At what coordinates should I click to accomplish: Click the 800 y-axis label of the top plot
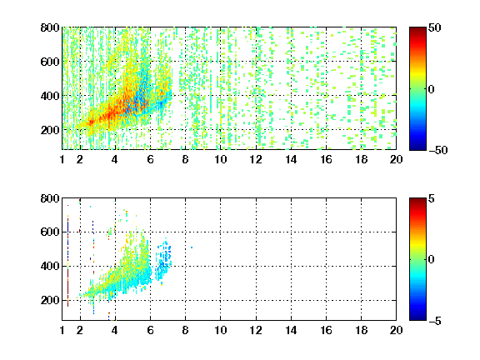[x=50, y=27]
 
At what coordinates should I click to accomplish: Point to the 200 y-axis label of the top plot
[x=50, y=130]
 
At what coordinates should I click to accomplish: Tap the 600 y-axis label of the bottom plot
[x=50, y=232]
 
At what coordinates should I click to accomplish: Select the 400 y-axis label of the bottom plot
[x=50, y=266]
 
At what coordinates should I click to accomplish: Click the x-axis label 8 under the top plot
[x=185, y=159]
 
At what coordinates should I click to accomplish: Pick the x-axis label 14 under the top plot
[x=291, y=159]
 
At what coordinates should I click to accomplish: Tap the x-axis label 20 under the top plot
[x=396, y=159]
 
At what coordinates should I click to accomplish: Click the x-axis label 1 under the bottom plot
[x=62, y=330]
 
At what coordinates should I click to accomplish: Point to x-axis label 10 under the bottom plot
[x=220, y=330]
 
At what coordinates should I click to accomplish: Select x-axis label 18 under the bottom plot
[x=361, y=330]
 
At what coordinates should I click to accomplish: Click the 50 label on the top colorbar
[x=434, y=27]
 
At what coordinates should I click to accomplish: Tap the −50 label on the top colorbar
[x=437, y=150]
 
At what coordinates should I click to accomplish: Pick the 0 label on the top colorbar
[x=432, y=89]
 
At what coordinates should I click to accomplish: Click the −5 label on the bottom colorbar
[x=435, y=321]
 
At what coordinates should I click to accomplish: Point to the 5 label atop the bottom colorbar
[x=432, y=198]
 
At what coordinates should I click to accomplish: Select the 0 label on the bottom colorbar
[x=432, y=260]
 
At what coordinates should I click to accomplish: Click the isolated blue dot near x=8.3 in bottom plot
[x=192, y=247]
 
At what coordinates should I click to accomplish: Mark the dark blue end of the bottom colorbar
[x=417, y=318]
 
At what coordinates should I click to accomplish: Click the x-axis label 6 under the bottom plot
[x=150, y=330]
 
